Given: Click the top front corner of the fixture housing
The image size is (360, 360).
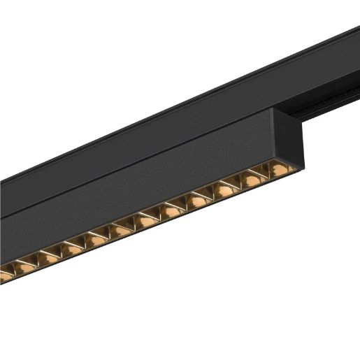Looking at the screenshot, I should coord(270,110).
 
